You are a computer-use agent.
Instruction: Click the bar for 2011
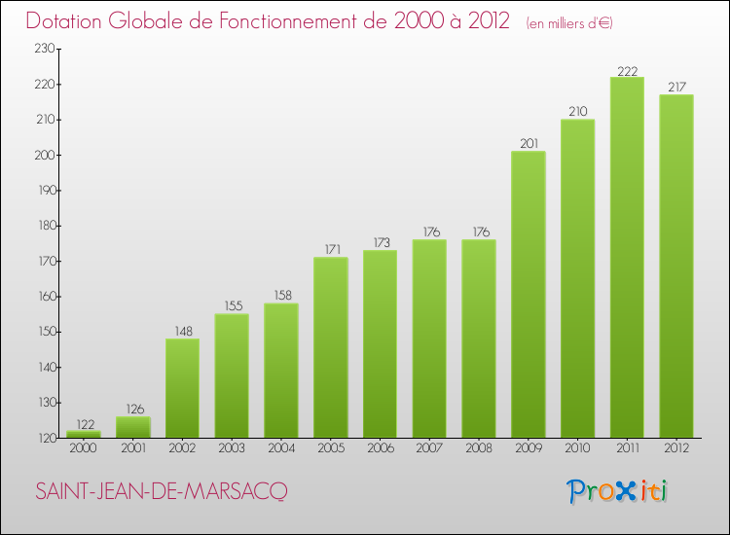[x=627, y=258]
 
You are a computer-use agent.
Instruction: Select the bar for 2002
[x=182, y=388]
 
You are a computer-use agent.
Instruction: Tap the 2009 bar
[x=529, y=295]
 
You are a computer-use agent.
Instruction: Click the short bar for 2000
[x=84, y=434]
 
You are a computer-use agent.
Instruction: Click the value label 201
[x=529, y=142]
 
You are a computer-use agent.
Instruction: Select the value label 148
[x=182, y=330]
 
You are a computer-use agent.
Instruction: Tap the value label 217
[x=676, y=86]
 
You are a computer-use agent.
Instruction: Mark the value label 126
[x=133, y=408]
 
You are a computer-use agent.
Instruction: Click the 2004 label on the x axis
[x=281, y=449]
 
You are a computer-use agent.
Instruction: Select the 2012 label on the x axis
[x=676, y=449]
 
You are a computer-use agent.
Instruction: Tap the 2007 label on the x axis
[x=429, y=449]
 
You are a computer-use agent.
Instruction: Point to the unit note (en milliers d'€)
[x=569, y=22]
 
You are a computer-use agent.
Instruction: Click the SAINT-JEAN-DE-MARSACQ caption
[x=162, y=492]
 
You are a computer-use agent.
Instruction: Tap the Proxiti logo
[x=618, y=491]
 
